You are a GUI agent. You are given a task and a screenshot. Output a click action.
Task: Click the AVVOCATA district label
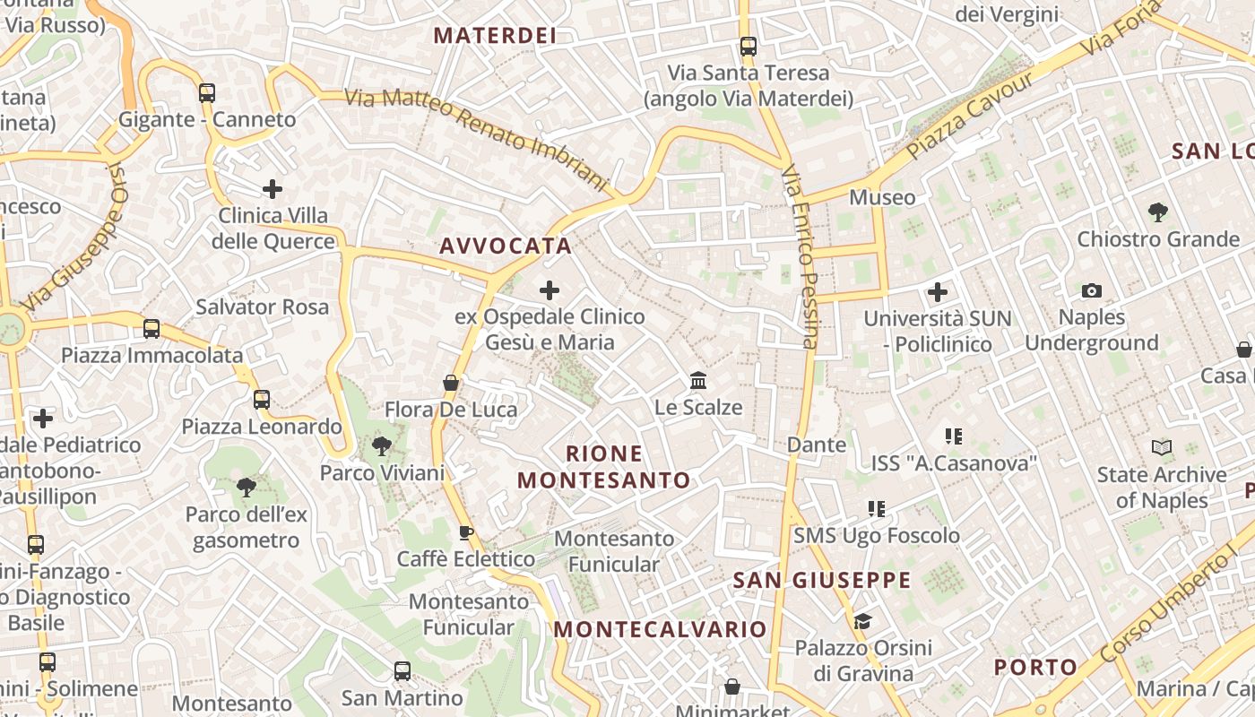[506, 246]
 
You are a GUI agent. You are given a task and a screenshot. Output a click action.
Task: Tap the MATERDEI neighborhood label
[495, 36]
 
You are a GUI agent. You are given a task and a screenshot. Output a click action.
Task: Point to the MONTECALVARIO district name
[660, 629]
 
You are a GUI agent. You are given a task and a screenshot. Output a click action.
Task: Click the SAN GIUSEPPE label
[822, 580]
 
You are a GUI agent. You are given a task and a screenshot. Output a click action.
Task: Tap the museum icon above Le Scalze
[698, 381]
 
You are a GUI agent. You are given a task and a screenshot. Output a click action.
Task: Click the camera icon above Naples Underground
[1091, 290]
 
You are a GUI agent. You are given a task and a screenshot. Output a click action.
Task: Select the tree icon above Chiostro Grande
[1157, 212]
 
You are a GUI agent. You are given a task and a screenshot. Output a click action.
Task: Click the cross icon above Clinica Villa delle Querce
[273, 189]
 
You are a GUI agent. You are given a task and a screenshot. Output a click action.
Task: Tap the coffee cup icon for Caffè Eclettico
[466, 533]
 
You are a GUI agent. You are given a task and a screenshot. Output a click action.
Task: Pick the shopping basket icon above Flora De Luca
[451, 384]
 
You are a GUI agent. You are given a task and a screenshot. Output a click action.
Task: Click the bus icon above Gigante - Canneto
[207, 92]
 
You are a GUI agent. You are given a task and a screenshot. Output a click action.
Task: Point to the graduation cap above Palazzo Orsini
[862, 621]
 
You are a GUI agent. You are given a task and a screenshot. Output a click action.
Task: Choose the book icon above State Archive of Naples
[1161, 447]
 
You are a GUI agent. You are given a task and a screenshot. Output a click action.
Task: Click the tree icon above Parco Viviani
[382, 446]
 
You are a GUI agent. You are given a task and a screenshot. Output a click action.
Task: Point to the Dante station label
[816, 445]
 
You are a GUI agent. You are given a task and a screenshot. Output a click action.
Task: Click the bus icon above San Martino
[402, 670]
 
